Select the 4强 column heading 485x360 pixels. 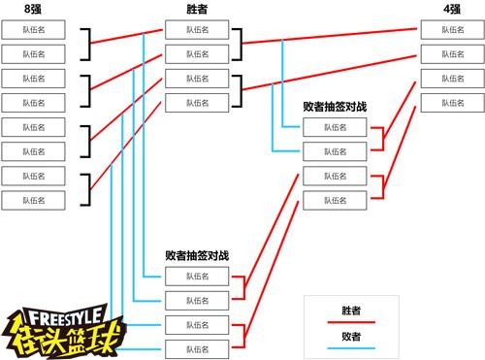pyautogui.click(x=451, y=8)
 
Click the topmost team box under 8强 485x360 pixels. pyautogui.click(x=33, y=30)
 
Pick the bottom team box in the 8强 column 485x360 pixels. pyautogui.click(x=33, y=200)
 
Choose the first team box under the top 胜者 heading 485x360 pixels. pyautogui.click(x=197, y=30)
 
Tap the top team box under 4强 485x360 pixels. pyautogui.click(x=452, y=30)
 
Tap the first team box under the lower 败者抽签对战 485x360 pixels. pyautogui.click(x=197, y=277)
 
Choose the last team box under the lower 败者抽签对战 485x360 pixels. pyautogui.click(x=197, y=348)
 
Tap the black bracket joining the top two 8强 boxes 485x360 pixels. pyautogui.click(x=88, y=42)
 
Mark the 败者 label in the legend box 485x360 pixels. pyautogui.click(x=351, y=336)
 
